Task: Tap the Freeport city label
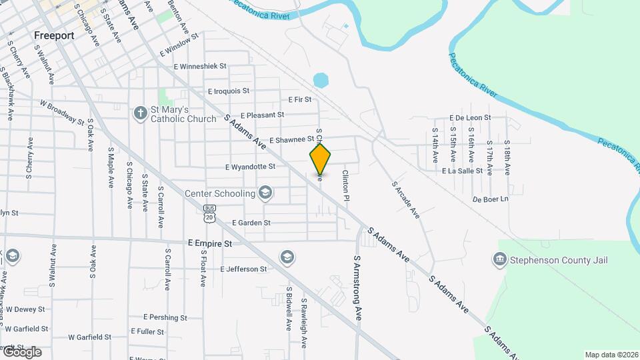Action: click(x=53, y=35)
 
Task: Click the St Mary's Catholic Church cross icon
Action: click(x=140, y=113)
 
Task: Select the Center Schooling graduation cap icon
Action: click(x=265, y=194)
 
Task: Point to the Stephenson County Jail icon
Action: click(x=500, y=259)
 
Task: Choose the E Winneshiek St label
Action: click(x=201, y=67)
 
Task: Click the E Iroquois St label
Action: click(x=229, y=91)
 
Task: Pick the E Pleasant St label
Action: click(x=262, y=115)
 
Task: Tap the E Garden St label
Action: click(x=251, y=223)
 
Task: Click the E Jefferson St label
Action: click(x=243, y=269)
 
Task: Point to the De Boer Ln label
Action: click(x=490, y=199)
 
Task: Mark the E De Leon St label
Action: click(x=470, y=117)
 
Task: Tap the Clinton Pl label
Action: click(x=345, y=185)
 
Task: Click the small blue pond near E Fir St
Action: click(x=321, y=81)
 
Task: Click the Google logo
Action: click(x=22, y=352)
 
